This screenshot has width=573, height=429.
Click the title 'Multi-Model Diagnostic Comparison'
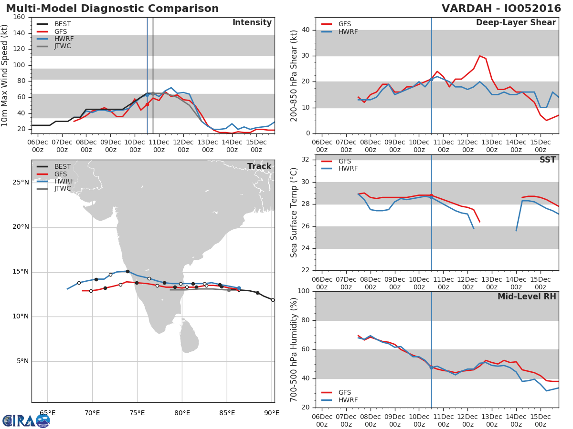click(x=112, y=9)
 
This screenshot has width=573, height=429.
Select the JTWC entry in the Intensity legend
click(x=63, y=46)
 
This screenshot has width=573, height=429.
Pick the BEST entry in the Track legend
click(x=63, y=166)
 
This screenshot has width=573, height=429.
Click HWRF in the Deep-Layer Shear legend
click(x=348, y=32)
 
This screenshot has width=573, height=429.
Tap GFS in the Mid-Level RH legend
click(x=344, y=392)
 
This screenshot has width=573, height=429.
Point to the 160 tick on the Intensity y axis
click(x=19, y=17)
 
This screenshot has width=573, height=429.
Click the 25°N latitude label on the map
click(x=20, y=183)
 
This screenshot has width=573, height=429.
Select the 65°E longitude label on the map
click(x=47, y=413)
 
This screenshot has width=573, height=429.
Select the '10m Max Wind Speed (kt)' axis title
click(x=5, y=75)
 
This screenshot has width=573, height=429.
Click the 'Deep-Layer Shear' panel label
click(x=516, y=23)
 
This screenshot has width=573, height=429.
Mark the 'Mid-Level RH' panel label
click(x=527, y=297)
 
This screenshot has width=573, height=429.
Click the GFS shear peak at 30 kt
click(x=480, y=56)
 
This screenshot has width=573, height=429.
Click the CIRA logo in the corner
click(x=26, y=420)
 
